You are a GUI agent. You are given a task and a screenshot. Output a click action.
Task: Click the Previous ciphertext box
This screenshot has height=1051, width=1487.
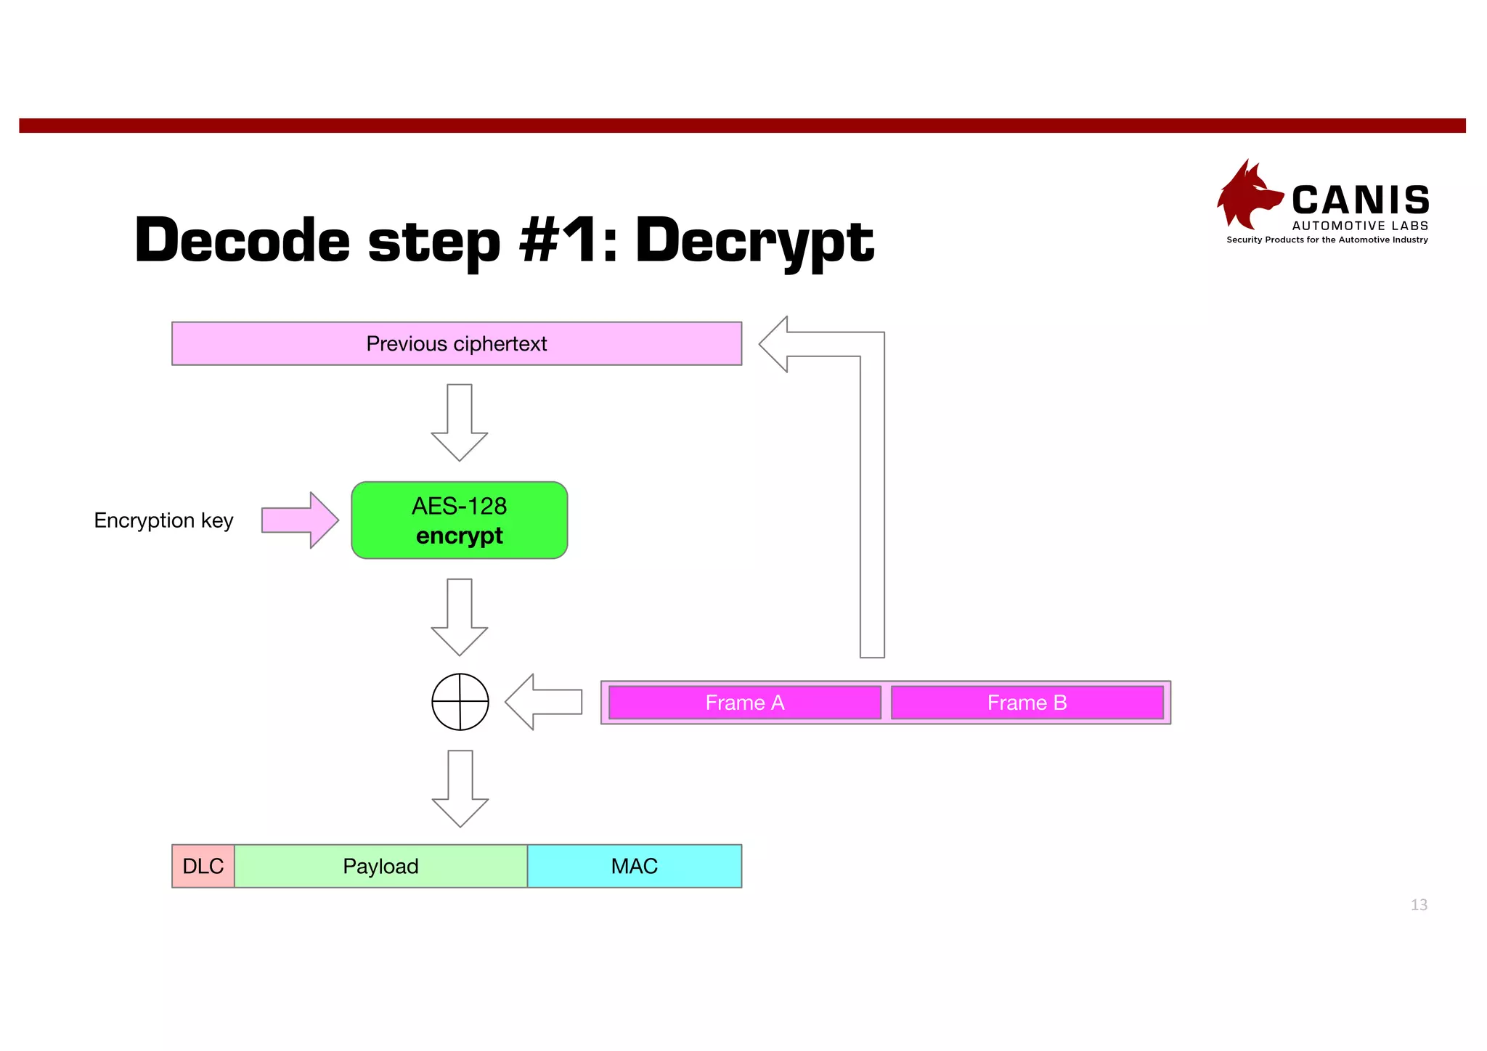click(457, 343)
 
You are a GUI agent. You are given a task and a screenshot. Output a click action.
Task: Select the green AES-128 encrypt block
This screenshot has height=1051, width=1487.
click(459, 520)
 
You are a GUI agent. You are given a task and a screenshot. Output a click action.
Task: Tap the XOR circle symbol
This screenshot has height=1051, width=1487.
click(460, 702)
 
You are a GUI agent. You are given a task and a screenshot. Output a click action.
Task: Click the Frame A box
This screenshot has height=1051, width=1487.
click(744, 703)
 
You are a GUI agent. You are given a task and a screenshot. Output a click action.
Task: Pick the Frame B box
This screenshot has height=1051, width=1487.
click(1027, 703)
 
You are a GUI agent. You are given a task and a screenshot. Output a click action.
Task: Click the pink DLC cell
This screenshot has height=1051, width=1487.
click(203, 866)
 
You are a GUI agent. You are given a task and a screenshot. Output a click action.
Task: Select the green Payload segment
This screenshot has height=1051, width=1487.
click(380, 866)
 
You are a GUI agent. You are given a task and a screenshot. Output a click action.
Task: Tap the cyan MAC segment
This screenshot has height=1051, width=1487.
click(634, 866)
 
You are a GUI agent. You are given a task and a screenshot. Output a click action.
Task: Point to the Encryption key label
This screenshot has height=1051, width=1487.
click(163, 520)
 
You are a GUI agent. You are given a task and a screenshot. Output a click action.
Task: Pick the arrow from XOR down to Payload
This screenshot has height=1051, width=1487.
click(460, 788)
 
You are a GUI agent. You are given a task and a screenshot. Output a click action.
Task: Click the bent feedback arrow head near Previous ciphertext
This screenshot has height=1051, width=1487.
click(777, 344)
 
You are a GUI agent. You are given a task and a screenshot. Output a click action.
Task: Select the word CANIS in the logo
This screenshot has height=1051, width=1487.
click(1360, 200)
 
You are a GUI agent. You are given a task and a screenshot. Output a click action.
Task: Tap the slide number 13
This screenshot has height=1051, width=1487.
click(1419, 904)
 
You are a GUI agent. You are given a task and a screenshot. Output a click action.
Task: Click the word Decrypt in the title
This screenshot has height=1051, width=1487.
click(754, 241)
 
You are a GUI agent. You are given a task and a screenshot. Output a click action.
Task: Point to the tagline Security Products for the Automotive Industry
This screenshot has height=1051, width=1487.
click(1327, 240)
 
